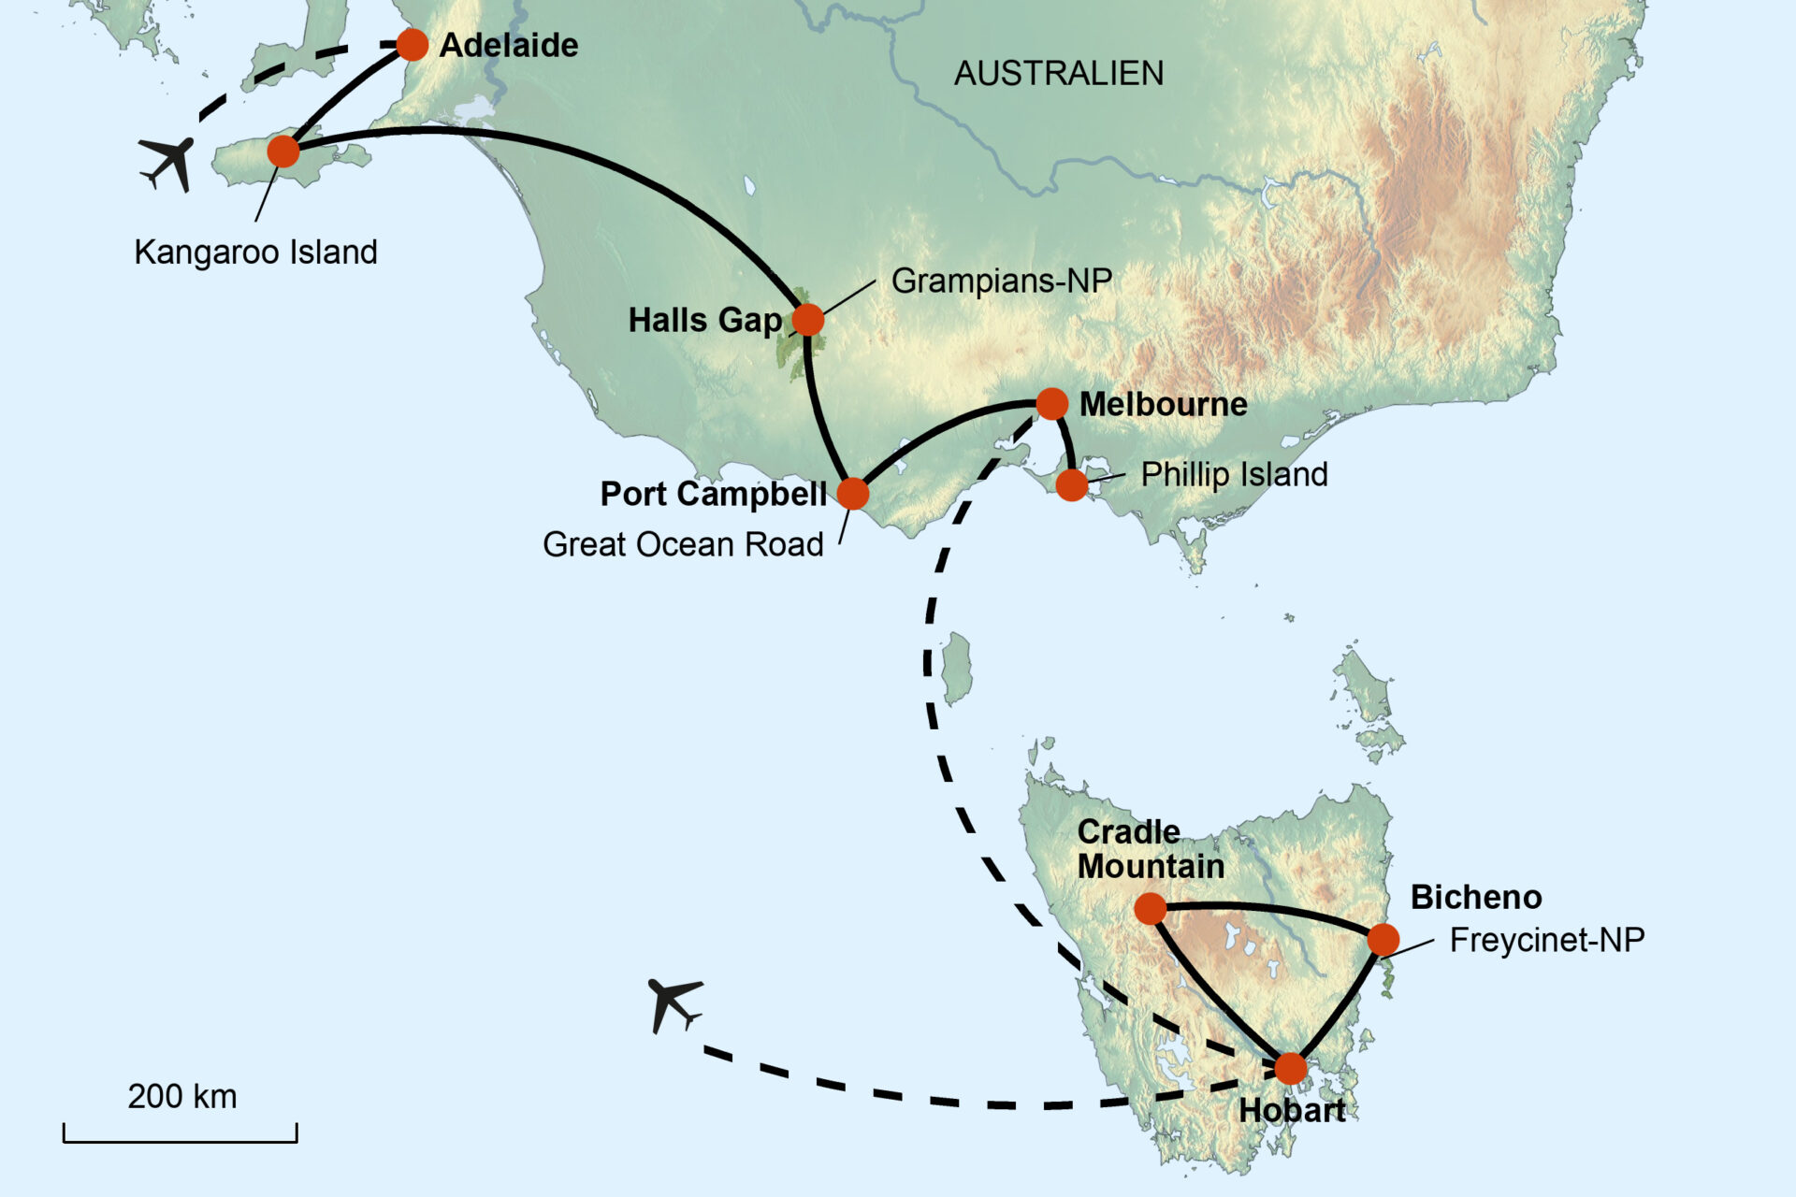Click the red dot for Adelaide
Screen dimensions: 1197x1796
(412, 44)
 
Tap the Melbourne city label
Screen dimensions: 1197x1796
(1163, 404)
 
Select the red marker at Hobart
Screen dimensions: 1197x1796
(1291, 1068)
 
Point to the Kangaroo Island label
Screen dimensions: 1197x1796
(255, 252)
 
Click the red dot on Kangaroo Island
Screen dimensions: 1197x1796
(283, 151)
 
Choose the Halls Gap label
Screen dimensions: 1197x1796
(704, 320)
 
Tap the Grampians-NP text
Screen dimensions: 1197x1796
(1001, 281)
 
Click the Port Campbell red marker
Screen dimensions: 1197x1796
(852, 493)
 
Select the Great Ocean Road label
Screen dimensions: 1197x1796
(683, 544)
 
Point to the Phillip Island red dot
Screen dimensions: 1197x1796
(1072, 484)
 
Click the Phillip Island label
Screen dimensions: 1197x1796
(1234, 474)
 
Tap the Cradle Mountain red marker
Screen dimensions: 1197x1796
(1151, 907)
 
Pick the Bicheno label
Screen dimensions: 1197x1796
(1476, 897)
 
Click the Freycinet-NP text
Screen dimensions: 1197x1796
(1546, 940)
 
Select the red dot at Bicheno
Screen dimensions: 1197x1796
(1383, 940)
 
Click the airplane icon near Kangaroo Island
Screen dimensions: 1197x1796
(167, 163)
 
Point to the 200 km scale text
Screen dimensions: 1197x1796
(182, 1096)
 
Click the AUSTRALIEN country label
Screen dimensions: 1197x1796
(1059, 73)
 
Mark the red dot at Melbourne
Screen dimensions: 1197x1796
(1051, 404)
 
